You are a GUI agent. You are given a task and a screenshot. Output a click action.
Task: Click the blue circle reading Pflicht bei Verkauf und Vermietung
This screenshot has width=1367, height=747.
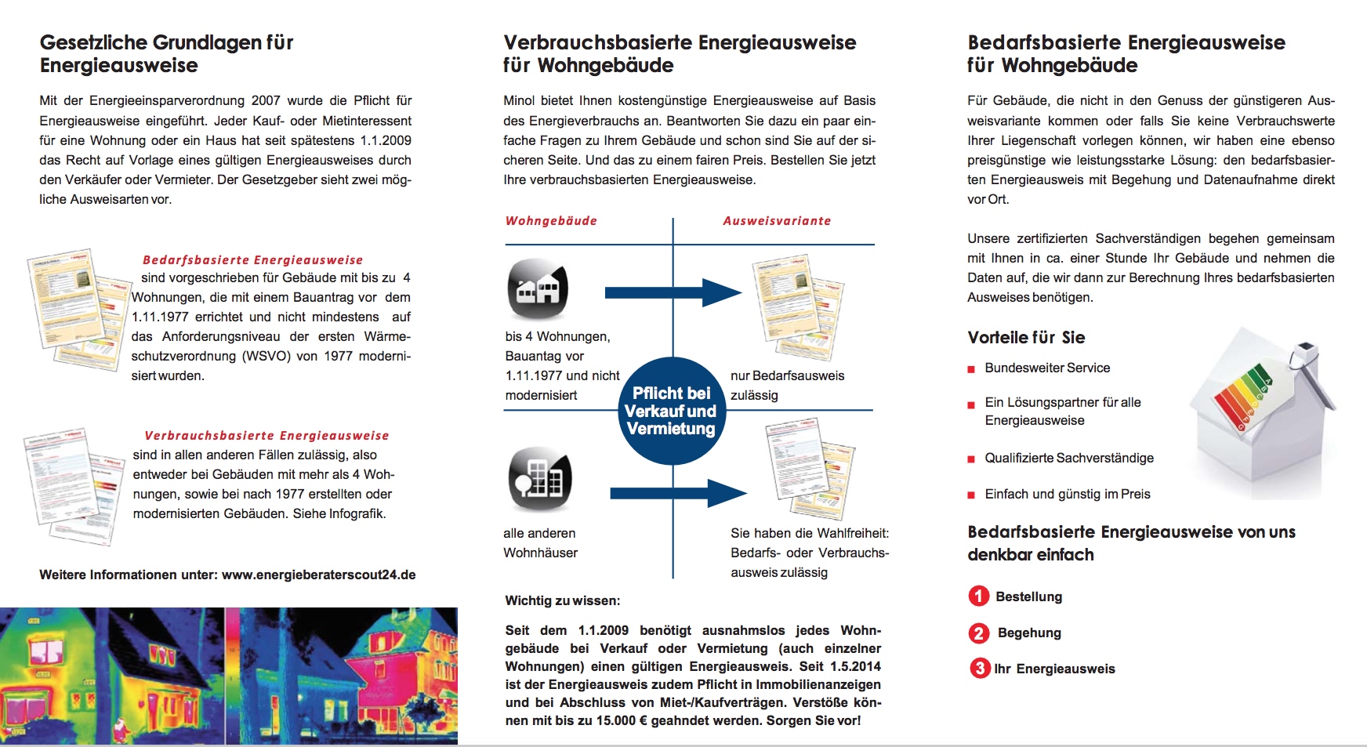671,411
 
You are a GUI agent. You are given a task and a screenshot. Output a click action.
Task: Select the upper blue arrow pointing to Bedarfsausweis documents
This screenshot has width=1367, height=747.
673,293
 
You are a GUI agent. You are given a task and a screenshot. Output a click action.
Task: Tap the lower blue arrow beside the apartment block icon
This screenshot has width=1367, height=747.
677,493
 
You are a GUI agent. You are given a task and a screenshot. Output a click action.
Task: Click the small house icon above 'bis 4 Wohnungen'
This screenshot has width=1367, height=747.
538,289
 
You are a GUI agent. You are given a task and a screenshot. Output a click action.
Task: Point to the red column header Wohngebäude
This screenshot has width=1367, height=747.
551,221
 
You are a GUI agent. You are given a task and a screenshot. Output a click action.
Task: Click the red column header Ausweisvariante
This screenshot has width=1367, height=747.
777,221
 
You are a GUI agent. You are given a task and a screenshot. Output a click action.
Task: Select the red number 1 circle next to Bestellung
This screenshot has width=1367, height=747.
978,597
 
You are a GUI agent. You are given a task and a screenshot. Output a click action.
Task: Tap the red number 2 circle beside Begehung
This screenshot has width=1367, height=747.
979,633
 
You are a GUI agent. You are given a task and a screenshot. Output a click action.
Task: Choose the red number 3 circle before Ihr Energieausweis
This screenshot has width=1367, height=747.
980,669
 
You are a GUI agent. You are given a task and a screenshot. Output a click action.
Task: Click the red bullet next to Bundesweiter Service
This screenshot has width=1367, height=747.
972,369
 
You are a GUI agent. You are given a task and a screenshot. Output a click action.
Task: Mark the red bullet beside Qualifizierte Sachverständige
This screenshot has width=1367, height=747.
972,459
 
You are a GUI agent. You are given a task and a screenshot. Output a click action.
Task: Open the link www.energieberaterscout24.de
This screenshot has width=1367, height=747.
318,575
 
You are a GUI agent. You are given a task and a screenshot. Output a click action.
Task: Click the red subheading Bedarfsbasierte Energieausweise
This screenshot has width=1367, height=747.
252,259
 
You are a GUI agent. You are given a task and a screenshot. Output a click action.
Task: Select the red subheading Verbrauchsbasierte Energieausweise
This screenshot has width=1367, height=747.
267,436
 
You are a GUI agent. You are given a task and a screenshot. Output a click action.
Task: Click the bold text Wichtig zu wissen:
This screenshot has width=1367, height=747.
562,601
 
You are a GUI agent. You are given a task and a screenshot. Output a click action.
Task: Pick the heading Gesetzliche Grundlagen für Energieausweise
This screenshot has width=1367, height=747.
166,53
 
